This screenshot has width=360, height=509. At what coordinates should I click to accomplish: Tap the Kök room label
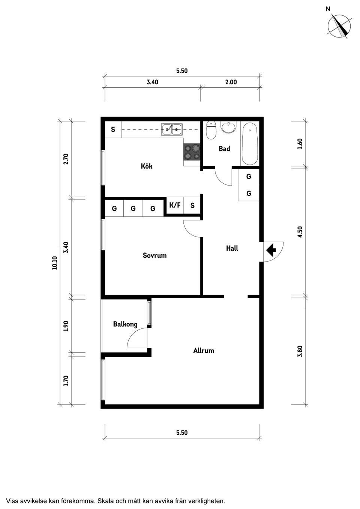(x=147, y=166)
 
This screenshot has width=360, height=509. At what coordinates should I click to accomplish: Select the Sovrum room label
(x=154, y=255)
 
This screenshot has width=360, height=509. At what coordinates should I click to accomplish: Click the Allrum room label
(x=204, y=350)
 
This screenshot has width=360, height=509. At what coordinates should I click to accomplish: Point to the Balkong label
(x=125, y=324)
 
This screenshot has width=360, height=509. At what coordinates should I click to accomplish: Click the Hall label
(x=232, y=248)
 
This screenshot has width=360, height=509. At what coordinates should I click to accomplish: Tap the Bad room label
(x=224, y=149)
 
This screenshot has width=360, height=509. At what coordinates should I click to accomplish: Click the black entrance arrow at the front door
(x=271, y=249)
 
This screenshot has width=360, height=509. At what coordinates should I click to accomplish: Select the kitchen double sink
(x=172, y=129)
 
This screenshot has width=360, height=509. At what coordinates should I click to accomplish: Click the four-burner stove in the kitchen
(x=192, y=153)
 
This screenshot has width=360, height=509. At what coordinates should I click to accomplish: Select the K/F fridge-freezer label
(x=175, y=205)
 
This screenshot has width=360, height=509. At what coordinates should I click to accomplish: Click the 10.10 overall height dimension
(x=55, y=262)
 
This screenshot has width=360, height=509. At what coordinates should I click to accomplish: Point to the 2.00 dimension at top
(x=231, y=82)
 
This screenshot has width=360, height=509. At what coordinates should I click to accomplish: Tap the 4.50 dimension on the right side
(x=300, y=232)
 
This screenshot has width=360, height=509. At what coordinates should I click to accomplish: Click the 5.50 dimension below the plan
(x=182, y=433)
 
